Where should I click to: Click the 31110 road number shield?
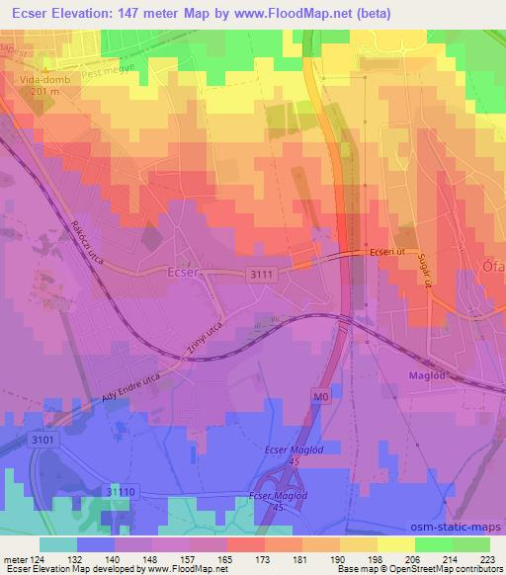pos(121,491)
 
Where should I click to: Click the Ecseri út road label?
pos(388,252)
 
